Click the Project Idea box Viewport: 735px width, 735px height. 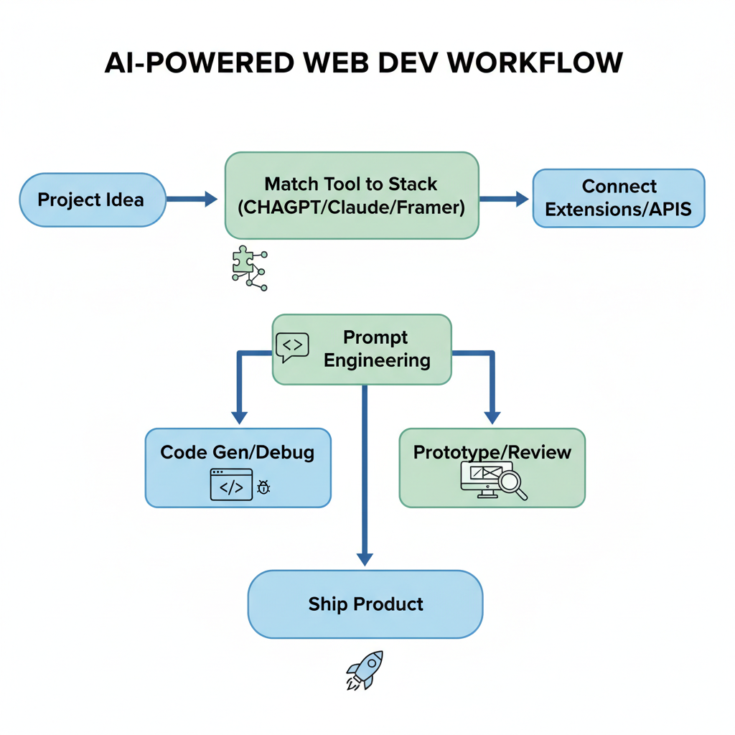click(92, 200)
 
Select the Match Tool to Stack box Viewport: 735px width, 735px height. click(351, 195)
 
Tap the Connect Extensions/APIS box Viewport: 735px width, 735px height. click(618, 198)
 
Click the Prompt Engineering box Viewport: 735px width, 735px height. click(362, 349)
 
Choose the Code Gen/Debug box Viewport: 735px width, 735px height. click(238, 467)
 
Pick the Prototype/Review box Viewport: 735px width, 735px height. click(492, 467)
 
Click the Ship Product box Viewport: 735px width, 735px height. click(365, 604)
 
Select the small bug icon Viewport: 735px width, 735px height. click(263, 488)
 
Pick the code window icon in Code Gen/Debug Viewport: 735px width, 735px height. click(231, 484)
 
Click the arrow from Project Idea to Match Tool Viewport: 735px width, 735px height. click(192, 200)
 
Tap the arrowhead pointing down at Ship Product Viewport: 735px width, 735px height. click(365, 558)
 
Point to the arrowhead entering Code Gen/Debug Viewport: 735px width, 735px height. click(240, 417)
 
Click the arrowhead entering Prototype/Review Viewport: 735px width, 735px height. click(492, 417)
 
